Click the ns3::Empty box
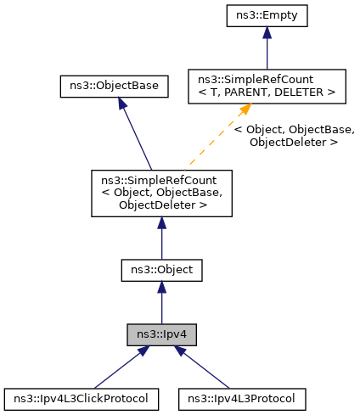tap(267, 14)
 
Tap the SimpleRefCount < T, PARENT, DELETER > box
tap(267, 86)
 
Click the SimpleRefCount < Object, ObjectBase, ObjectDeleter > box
tap(162, 192)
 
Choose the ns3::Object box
tap(162, 270)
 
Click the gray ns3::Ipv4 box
tap(162, 334)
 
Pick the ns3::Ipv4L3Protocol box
tap(242, 398)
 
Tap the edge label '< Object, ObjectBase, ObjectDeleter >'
tap(293, 136)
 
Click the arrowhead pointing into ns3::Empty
tap(267, 32)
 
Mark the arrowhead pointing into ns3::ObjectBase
tap(122, 104)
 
